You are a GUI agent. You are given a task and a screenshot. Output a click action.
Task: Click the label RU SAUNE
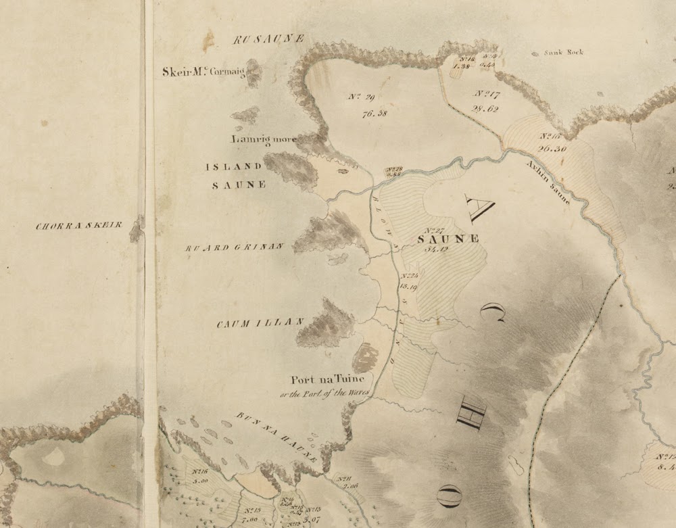coord(269,39)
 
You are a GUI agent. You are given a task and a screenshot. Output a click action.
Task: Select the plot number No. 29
coord(362,97)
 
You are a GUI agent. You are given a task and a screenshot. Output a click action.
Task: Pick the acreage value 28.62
coord(485,109)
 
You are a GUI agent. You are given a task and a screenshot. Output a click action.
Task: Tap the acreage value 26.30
coord(552,148)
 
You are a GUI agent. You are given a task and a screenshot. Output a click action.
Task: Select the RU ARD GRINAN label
coord(234,248)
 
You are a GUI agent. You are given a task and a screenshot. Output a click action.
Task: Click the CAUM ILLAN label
coord(260,324)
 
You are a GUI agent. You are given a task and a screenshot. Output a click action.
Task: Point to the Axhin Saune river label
coord(548,183)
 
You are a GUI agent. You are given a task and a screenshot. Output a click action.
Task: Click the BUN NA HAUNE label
coord(277,435)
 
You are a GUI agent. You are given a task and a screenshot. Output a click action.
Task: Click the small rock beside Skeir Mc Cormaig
coord(254,73)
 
